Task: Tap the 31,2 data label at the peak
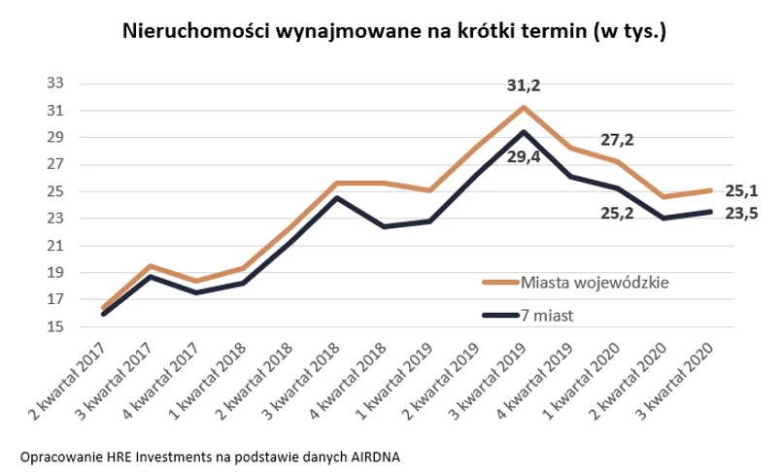coord(524,86)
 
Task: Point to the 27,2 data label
coord(616,140)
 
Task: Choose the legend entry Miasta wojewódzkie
coord(595,283)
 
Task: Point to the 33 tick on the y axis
coord(54,84)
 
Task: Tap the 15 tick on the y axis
coord(54,327)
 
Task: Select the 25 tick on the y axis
coord(54,191)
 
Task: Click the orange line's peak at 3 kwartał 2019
coord(524,107)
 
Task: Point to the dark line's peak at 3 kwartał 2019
coord(524,131)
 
